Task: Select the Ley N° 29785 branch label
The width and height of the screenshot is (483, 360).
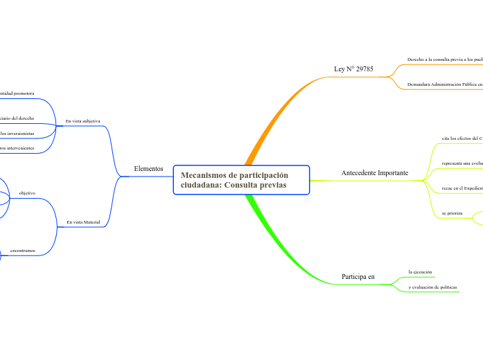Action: pyautogui.click(x=353, y=69)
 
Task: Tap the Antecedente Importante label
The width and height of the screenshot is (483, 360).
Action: pyautogui.click(x=374, y=172)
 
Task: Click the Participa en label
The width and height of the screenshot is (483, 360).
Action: pyautogui.click(x=358, y=276)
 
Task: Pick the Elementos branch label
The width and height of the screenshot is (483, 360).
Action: pyautogui.click(x=148, y=168)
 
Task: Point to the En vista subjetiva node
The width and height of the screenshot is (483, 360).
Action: pyautogui.click(x=82, y=121)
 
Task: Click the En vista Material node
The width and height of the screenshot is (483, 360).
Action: pyautogui.click(x=83, y=222)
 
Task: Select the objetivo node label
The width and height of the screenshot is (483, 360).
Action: pyautogui.click(x=27, y=192)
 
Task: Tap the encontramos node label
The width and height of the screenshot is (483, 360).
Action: pyautogui.click(x=23, y=250)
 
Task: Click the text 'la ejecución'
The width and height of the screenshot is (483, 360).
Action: pyautogui.click(x=420, y=272)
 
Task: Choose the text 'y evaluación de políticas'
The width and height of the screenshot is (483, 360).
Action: pyautogui.click(x=432, y=287)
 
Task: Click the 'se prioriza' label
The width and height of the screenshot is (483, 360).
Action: pyautogui.click(x=452, y=213)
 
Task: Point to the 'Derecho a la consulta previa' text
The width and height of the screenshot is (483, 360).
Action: pyautogui.click(x=444, y=60)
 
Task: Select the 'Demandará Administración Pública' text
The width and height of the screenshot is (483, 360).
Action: pyautogui.click(x=444, y=84)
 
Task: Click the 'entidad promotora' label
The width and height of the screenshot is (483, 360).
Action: pyautogui.click(x=17, y=92)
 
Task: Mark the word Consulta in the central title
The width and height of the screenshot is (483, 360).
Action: pyautogui.click(x=243, y=186)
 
